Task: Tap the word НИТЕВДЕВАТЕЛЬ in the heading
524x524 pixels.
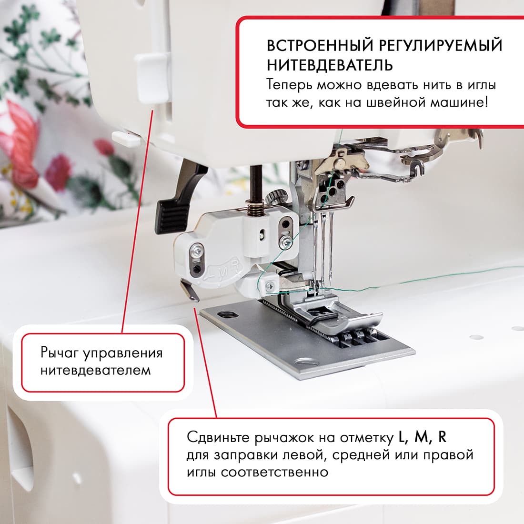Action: coord(330,65)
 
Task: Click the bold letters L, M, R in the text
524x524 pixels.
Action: coord(422,437)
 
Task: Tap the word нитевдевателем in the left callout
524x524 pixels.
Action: coord(95,370)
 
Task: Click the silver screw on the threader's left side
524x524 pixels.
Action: coord(197,249)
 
